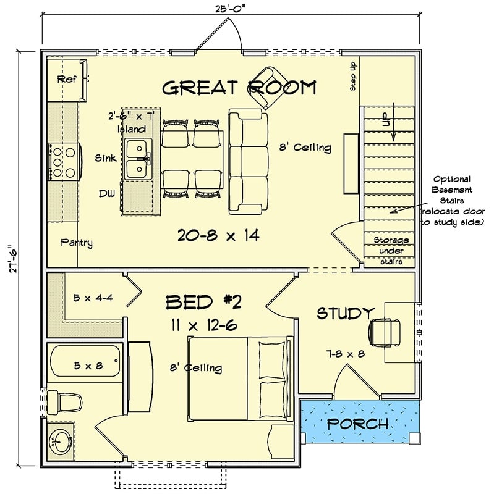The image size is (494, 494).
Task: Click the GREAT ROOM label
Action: tap(239, 88)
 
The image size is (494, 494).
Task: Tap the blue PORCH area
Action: tap(358, 424)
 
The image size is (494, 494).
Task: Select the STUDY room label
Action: tap(346, 313)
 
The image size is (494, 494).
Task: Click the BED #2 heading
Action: tap(203, 301)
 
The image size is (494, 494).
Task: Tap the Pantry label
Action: tap(77, 243)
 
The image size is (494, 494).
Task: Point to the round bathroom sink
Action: tap(61, 442)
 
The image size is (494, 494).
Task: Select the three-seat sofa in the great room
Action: tap(247, 162)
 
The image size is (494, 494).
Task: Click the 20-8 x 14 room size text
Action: tap(218, 235)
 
